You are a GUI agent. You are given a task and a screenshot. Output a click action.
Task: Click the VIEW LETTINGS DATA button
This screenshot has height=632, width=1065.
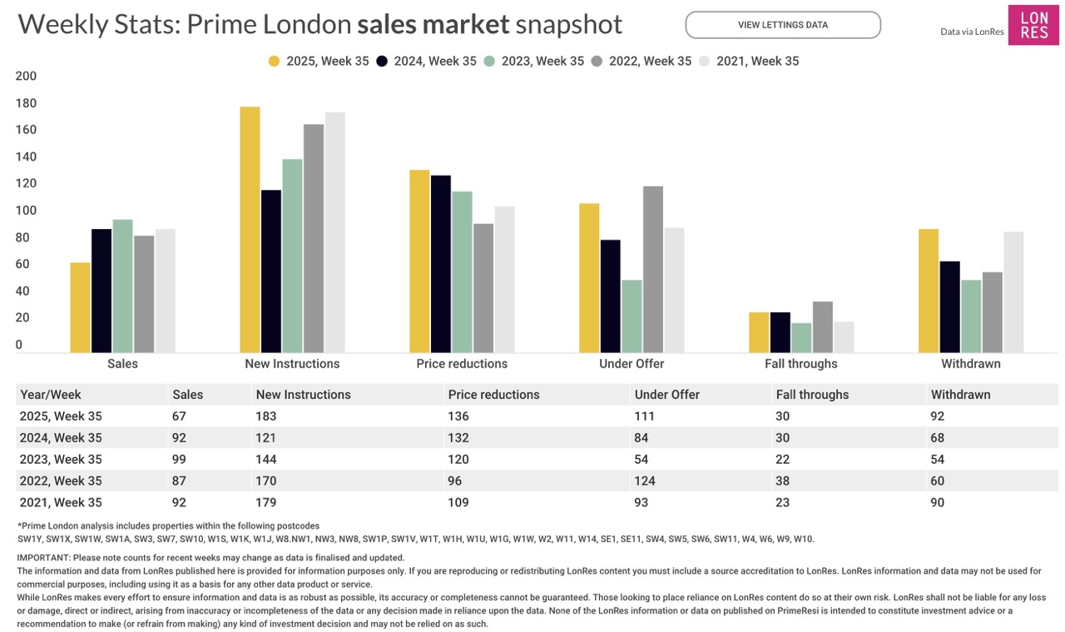pos(782,25)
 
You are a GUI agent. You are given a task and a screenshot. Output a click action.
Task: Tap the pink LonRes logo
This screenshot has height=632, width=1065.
pos(1033,25)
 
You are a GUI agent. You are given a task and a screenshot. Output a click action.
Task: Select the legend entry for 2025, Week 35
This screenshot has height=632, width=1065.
pos(312,61)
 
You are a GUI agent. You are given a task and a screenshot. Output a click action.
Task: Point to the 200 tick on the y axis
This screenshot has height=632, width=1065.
pos(27,76)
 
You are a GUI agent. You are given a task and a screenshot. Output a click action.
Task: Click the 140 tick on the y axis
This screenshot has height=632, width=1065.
pos(27,157)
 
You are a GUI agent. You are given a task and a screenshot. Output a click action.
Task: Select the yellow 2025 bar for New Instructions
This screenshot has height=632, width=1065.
pos(250,229)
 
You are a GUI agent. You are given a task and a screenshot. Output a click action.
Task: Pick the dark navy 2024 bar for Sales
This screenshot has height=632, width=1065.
pos(102,290)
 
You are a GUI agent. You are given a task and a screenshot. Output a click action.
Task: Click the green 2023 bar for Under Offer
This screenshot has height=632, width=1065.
pos(632,316)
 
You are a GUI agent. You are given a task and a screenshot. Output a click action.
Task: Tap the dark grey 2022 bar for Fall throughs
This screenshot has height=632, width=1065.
pos(823,326)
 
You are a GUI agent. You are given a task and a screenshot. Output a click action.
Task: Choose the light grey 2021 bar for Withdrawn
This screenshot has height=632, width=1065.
pos(1013,291)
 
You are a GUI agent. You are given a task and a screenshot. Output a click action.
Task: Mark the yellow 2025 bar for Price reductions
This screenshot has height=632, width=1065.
pos(419,261)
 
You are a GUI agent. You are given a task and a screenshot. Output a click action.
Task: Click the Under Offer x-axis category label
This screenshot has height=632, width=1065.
pos(632,364)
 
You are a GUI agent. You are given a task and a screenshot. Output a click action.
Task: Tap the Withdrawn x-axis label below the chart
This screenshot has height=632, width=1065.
pos(971,364)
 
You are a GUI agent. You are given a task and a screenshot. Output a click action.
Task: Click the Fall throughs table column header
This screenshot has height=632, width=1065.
pos(812,395)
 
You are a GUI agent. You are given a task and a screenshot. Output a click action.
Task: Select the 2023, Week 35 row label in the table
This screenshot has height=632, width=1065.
pos(60,460)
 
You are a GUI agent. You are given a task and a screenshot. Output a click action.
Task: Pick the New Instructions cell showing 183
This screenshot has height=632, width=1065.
pos(266,416)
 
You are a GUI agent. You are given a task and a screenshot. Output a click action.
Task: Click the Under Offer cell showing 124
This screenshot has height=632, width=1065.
pos(645,481)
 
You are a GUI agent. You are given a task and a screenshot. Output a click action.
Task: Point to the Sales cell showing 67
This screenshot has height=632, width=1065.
pos(179,416)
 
